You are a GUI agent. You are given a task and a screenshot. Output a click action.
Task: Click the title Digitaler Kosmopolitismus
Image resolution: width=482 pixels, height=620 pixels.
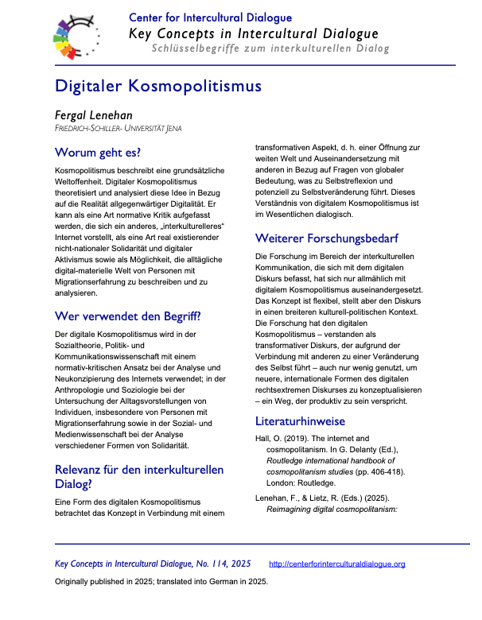click(x=157, y=85)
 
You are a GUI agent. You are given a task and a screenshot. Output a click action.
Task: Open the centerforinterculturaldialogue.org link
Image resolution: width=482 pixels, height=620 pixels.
click(x=337, y=564)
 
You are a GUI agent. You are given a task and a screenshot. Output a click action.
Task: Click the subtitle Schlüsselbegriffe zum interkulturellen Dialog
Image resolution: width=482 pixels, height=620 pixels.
click(x=270, y=49)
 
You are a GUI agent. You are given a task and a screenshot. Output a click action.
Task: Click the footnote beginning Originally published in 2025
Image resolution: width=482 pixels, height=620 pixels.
click(x=161, y=581)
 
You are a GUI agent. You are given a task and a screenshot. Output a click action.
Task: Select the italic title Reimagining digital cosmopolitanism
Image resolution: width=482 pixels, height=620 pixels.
click(x=345, y=508)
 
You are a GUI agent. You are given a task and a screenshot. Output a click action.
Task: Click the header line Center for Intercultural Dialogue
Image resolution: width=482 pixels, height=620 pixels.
click(x=211, y=17)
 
